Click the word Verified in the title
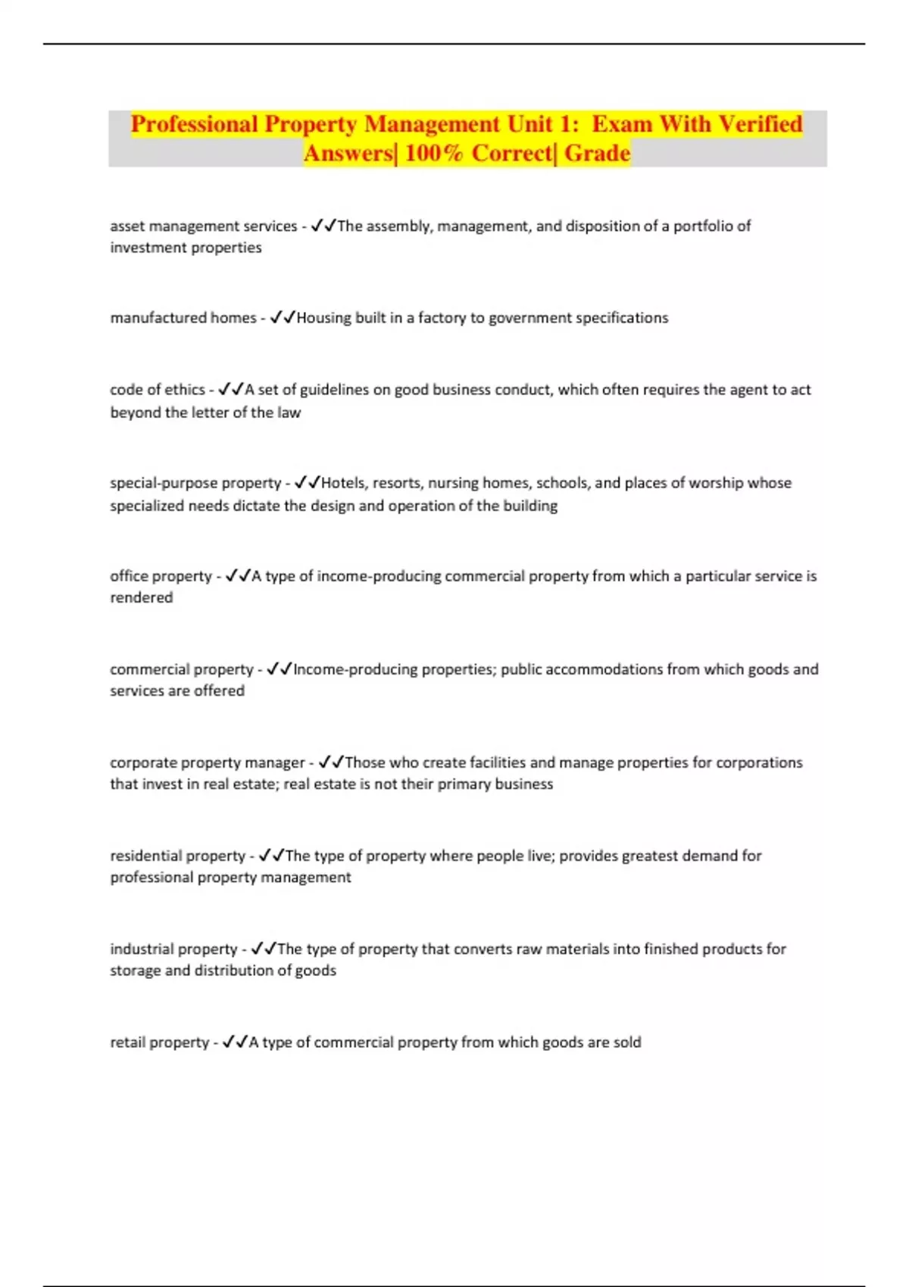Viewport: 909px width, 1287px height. coord(760,124)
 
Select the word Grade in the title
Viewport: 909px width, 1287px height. coord(597,154)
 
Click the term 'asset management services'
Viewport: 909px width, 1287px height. coord(204,226)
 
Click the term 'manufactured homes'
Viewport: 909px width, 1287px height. coord(183,318)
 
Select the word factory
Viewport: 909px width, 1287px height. coord(442,318)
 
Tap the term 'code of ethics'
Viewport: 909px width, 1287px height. coord(158,390)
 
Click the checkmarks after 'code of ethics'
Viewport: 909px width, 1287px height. coord(230,390)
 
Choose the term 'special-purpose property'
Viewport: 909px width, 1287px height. coord(195,483)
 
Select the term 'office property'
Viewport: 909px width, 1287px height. coord(161,576)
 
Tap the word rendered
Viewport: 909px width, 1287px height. coord(142,597)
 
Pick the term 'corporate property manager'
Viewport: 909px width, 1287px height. coord(207,762)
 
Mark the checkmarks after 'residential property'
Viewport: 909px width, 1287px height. coord(271,855)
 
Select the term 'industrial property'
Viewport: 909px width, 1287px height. coord(173,949)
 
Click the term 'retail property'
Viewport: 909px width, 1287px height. coord(159,1042)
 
